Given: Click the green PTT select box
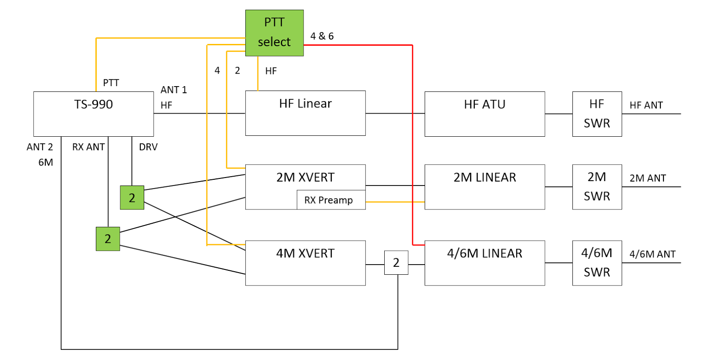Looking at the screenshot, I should [x=274, y=33].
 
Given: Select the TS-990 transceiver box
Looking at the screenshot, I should [x=94, y=114].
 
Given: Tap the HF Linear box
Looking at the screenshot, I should [x=305, y=113].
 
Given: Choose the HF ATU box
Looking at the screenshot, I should [x=485, y=114].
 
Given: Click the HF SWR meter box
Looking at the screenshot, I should [x=597, y=114].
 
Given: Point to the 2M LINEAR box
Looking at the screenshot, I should [x=485, y=187].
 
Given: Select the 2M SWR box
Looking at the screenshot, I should [x=597, y=187].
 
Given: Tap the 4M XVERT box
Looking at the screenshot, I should [x=305, y=263].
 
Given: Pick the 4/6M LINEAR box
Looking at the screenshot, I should [x=485, y=263].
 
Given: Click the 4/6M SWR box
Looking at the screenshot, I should [x=597, y=263].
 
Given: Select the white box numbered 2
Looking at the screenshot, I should [x=396, y=262].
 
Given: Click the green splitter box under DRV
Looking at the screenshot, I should [x=132, y=198].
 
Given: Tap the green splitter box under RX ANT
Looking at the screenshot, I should [x=108, y=239].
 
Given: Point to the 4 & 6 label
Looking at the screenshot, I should [x=322, y=36].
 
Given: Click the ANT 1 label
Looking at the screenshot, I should [x=174, y=90].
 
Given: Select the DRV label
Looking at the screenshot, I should [x=148, y=147].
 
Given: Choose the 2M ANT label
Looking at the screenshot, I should [x=647, y=178].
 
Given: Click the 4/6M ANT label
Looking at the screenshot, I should [x=652, y=254].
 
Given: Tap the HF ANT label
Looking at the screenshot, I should [x=646, y=106].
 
